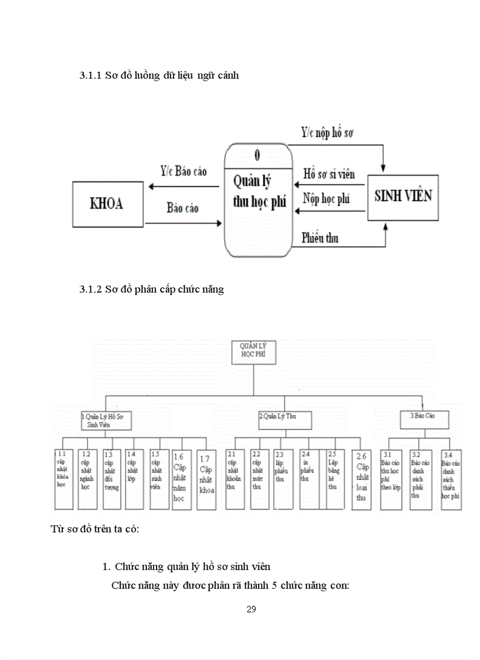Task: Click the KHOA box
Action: tap(107, 204)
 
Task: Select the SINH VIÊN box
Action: tap(403, 197)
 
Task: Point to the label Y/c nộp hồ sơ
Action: tap(327, 133)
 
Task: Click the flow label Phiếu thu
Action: tap(320, 238)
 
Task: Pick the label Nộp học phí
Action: tap(326, 198)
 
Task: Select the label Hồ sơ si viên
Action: tap(329, 175)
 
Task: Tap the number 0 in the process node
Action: tap(258, 156)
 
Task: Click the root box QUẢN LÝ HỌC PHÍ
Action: tap(253, 353)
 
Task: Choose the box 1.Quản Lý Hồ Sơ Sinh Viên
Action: tap(106, 420)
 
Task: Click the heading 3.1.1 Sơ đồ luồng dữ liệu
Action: tap(159, 76)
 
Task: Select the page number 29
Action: tap(251, 609)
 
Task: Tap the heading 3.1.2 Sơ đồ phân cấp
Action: tap(151, 290)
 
